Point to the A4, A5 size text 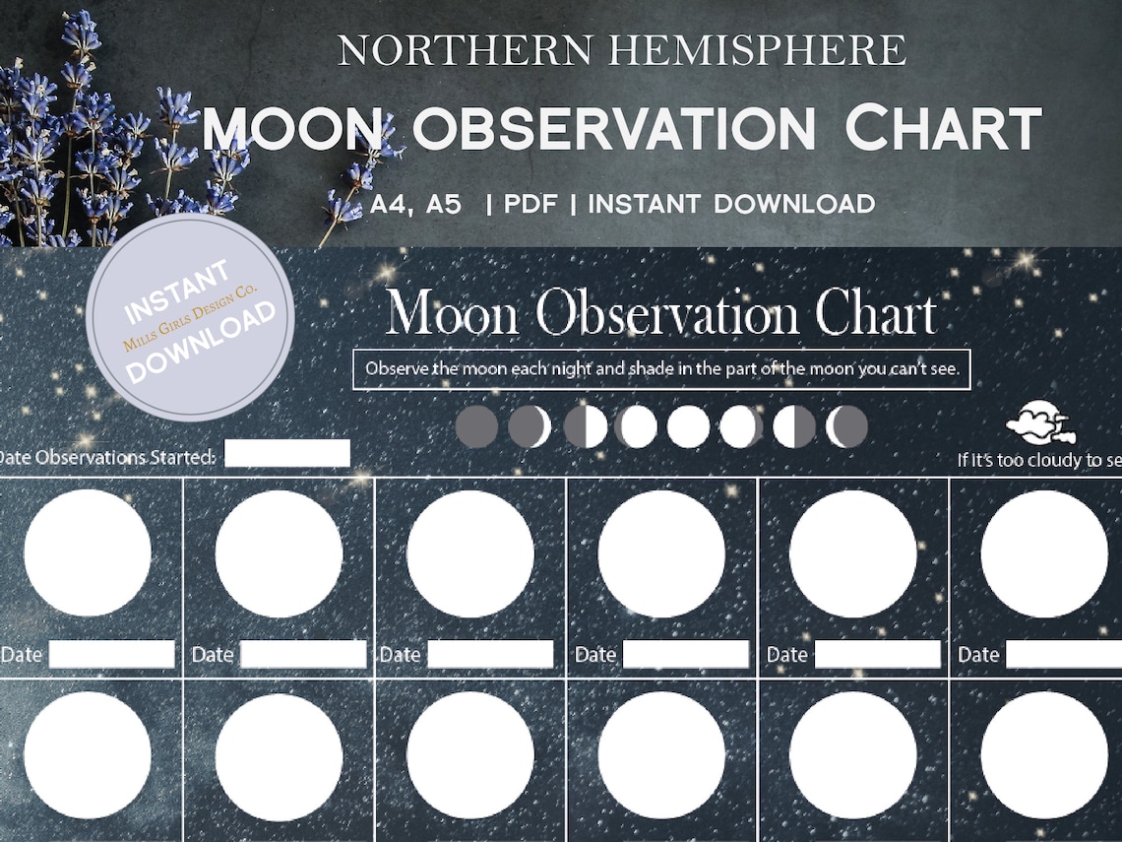[x=415, y=205]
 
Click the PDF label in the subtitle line [x=530, y=205]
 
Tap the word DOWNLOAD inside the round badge [x=201, y=341]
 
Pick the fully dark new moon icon [x=477, y=426]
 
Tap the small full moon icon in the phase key [x=688, y=426]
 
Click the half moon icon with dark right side [x=794, y=426]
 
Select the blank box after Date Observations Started [x=286, y=453]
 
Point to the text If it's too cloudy [x=1038, y=460]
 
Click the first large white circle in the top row [x=88, y=552]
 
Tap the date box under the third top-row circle [x=490, y=654]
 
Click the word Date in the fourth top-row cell [x=594, y=655]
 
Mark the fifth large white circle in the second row [x=852, y=754]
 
